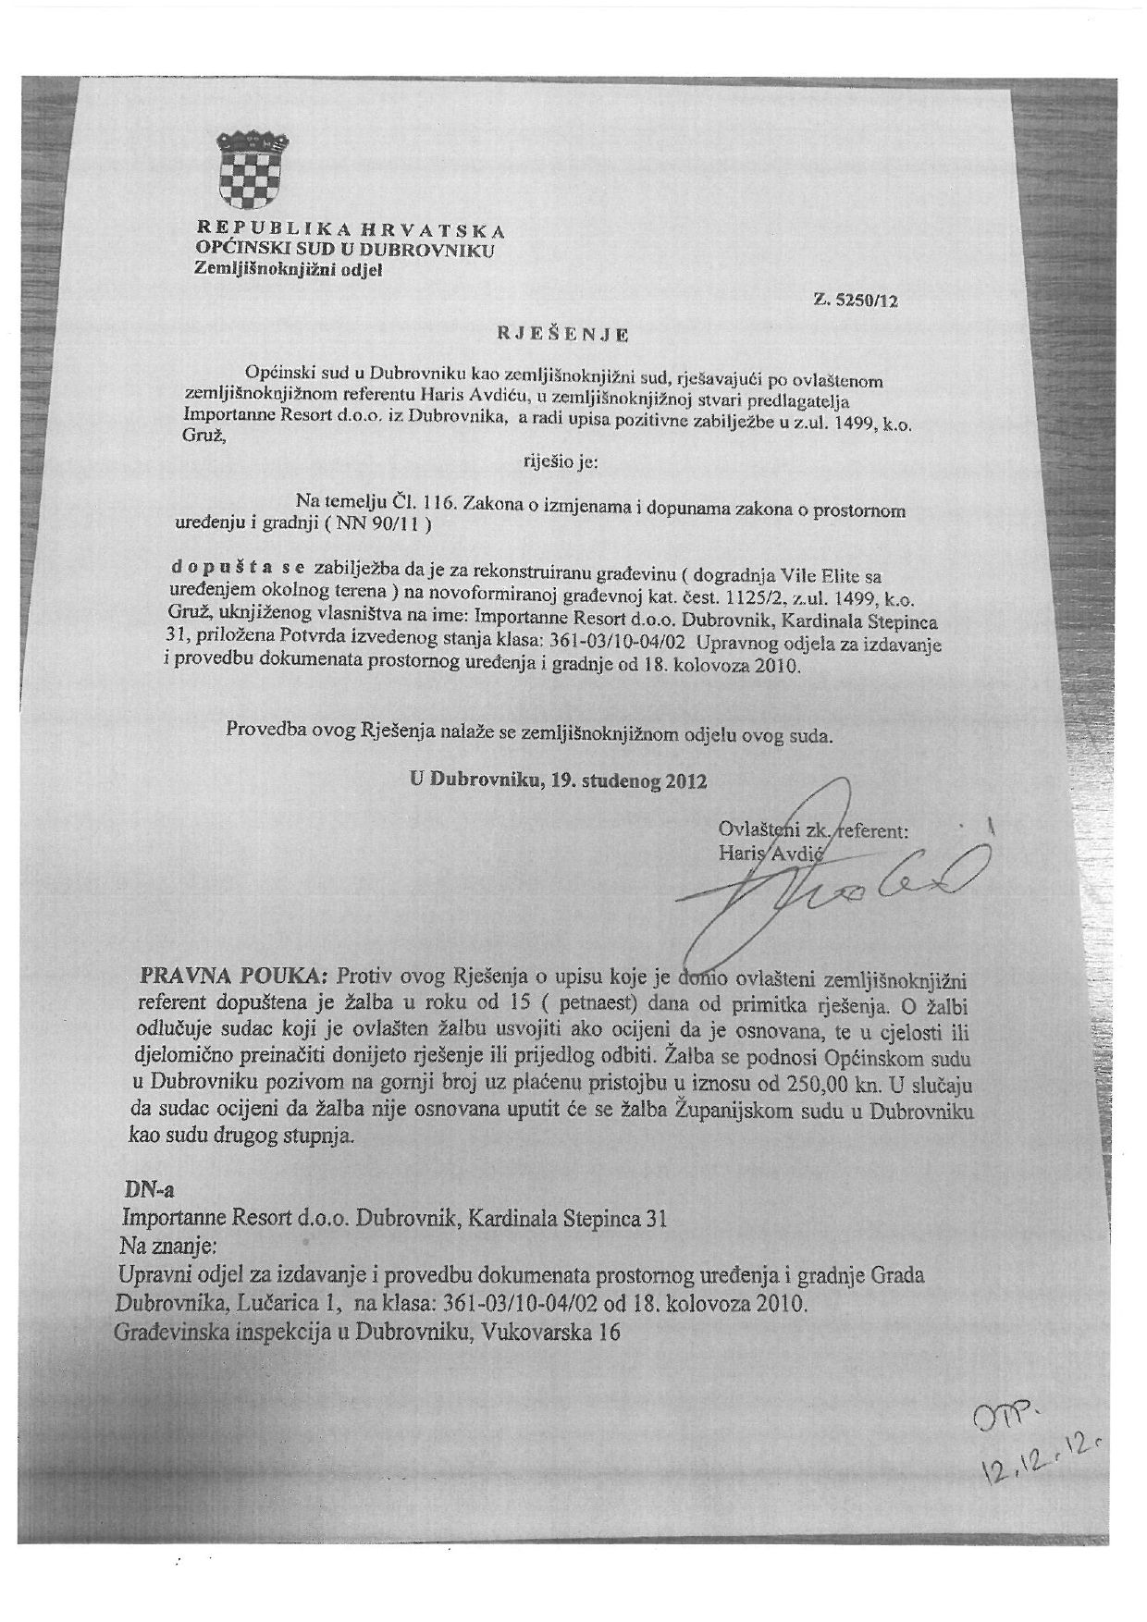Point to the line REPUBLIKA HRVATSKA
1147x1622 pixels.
(351, 229)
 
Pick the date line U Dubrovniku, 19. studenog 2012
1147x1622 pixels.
(559, 781)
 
